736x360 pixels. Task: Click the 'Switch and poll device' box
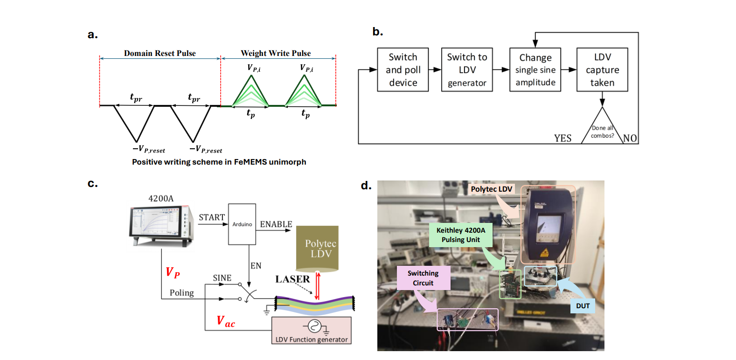coord(403,69)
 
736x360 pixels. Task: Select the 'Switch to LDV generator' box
coord(467,69)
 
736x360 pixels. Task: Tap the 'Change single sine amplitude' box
coord(535,69)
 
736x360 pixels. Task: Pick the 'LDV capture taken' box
coord(602,69)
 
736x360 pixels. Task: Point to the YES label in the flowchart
coord(562,138)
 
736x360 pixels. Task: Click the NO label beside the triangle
coord(630,138)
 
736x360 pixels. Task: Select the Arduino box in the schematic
coord(242,224)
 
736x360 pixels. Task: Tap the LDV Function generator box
coord(312,331)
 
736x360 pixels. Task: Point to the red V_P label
coord(173,273)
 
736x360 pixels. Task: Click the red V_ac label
coord(226,321)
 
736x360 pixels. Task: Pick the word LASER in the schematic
coord(292,279)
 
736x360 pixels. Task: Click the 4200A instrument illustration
coord(161,226)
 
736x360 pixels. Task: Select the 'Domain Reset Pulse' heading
coord(160,53)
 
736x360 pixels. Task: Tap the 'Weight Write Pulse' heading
coord(276,53)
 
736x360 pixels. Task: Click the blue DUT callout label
coord(583,306)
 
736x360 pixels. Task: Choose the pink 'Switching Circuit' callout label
coord(423,278)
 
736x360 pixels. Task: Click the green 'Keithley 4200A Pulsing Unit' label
coord(460,235)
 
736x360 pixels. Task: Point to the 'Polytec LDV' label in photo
coord(491,189)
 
